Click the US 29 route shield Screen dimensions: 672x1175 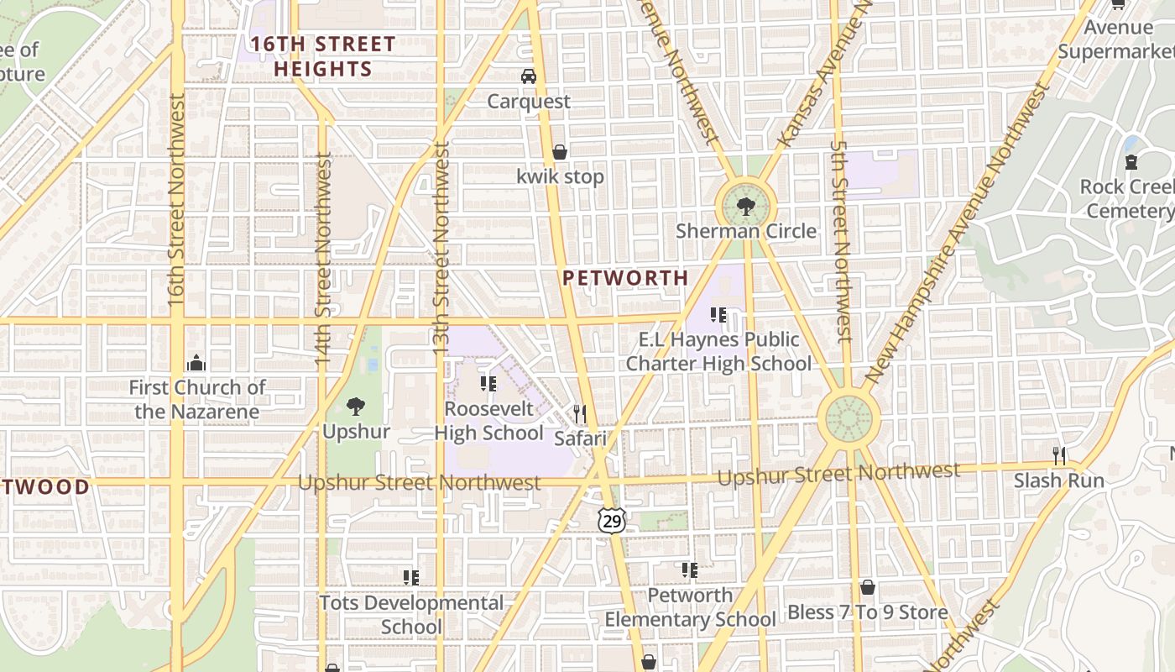(x=612, y=522)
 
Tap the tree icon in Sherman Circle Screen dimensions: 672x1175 (x=745, y=206)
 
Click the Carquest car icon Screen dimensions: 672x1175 (x=529, y=76)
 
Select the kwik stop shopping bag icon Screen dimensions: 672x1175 (x=560, y=152)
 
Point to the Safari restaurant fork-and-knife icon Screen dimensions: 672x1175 (x=579, y=413)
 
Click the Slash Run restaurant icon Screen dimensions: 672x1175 (x=1059, y=456)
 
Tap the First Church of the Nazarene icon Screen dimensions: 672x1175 (x=197, y=363)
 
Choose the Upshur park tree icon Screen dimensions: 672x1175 (x=356, y=407)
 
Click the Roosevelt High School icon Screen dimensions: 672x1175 (x=488, y=384)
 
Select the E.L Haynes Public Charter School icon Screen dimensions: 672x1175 (x=718, y=315)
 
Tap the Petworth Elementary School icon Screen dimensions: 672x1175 (x=690, y=570)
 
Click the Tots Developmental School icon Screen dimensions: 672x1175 (x=411, y=577)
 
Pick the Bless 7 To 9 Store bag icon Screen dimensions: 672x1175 (x=867, y=587)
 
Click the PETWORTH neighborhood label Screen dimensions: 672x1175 (x=625, y=278)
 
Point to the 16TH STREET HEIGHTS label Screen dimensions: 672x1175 (x=323, y=56)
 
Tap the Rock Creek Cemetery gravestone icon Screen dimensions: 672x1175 (x=1131, y=161)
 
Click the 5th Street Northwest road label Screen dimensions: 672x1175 (x=841, y=239)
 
